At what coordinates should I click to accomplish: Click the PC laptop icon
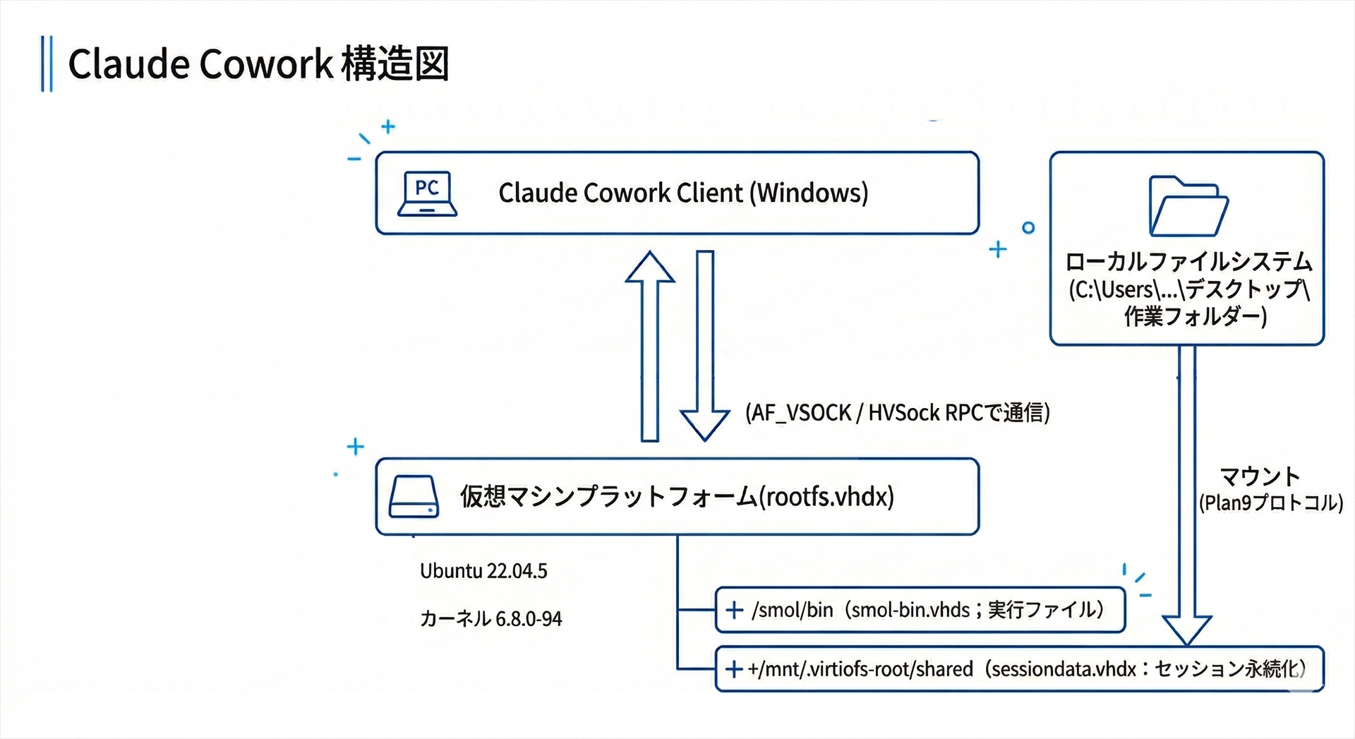[x=427, y=193]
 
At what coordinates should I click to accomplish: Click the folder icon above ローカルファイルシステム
[x=1188, y=207]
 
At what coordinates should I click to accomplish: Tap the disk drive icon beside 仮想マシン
[x=414, y=496]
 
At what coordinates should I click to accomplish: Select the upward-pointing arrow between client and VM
[x=650, y=346]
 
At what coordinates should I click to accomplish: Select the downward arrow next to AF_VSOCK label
[x=705, y=346]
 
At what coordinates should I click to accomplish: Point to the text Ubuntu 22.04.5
[x=483, y=571]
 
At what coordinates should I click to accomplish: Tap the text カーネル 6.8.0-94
[x=490, y=619]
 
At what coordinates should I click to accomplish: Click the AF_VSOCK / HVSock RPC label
[x=897, y=413]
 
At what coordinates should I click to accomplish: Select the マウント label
[x=1260, y=476]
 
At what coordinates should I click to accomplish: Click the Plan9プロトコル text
[x=1270, y=503]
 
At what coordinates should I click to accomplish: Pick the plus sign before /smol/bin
[x=734, y=610]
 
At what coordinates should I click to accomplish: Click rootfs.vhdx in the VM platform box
[x=826, y=496]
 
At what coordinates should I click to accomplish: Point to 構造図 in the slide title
[x=395, y=64]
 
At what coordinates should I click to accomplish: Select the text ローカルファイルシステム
[x=1188, y=262]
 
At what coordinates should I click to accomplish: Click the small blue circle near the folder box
[x=1028, y=227]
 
